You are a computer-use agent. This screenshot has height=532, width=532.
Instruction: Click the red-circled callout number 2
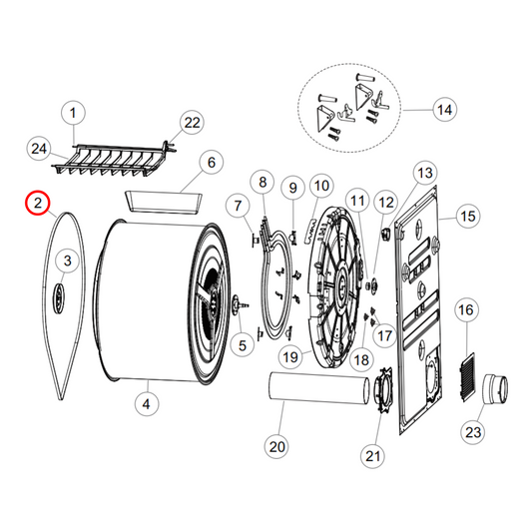tap(38, 203)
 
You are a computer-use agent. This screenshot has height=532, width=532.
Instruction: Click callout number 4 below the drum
tap(147, 404)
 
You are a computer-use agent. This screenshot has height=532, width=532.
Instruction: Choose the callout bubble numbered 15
tap(467, 215)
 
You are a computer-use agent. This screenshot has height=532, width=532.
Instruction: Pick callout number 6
tap(211, 162)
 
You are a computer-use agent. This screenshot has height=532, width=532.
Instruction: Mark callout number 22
tap(190, 123)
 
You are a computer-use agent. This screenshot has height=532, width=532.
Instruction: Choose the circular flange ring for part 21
tap(381, 390)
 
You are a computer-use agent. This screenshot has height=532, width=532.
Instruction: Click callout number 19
tap(290, 356)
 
